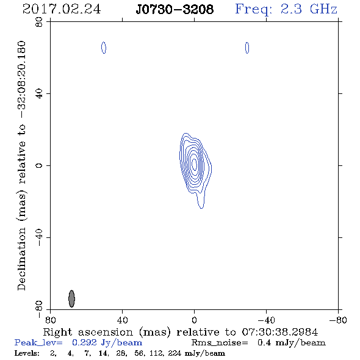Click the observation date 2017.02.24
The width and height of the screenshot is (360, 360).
point(62,9)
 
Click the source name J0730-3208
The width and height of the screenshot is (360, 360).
point(175,9)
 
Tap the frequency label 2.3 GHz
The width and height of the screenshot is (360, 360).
point(309,9)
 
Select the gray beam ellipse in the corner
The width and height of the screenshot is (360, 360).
point(71,298)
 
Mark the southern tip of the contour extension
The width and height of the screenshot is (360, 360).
point(201,208)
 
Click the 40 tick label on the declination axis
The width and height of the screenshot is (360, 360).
point(39,94)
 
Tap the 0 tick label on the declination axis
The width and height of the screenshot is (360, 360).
point(39,165)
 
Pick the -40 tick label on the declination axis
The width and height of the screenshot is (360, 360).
point(39,237)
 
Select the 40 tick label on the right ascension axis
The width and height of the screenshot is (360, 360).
point(122,320)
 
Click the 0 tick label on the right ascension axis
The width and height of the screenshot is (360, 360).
point(194,320)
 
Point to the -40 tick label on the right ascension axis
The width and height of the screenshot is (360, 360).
point(266,320)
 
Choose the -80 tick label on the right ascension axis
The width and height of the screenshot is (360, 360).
point(338,320)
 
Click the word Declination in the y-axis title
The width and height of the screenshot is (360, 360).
point(21,259)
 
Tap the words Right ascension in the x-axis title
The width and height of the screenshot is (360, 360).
point(88,332)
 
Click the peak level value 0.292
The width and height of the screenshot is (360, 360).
point(84,342)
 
